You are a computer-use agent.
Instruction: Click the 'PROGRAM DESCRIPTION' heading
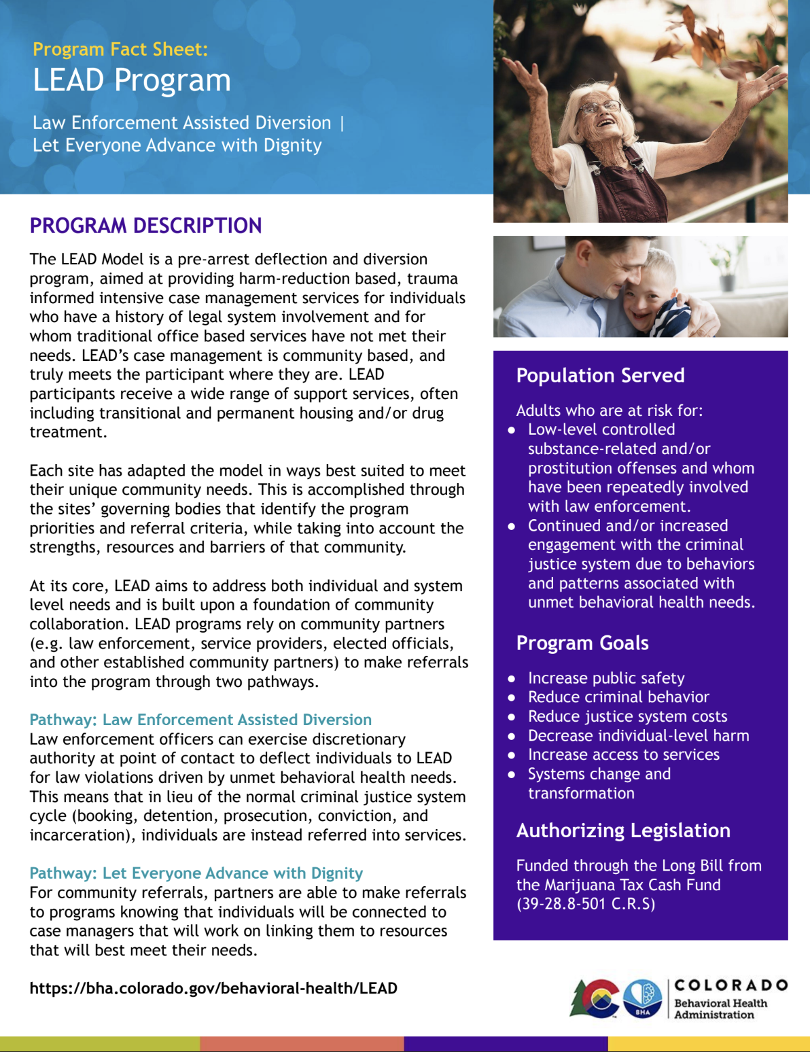point(145,226)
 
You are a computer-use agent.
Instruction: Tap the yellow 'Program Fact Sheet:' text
point(120,49)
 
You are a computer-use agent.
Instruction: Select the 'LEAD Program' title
point(132,80)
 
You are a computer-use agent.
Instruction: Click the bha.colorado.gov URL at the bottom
point(213,988)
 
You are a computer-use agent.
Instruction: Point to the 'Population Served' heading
point(600,375)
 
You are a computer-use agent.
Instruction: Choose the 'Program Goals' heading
point(582,643)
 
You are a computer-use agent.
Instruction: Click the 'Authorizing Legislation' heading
point(623,830)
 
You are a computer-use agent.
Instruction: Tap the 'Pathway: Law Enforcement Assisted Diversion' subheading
point(200,720)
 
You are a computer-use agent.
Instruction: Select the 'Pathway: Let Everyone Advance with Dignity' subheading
point(196,873)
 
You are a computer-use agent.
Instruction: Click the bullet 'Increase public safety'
point(606,678)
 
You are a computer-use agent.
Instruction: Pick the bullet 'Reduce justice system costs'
point(627,716)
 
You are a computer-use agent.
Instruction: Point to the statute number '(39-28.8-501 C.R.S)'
point(586,904)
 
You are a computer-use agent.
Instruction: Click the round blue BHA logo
point(642,998)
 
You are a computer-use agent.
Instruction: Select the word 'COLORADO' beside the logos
point(730,985)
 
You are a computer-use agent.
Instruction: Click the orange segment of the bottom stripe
point(302,1044)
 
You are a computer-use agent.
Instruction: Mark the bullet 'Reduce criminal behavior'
point(618,697)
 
